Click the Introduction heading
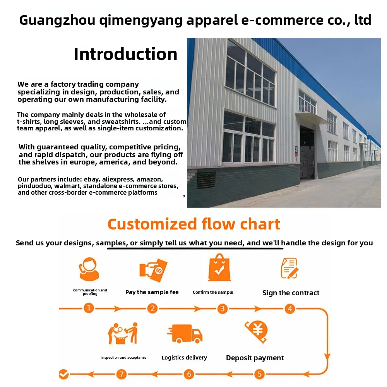click(125, 54)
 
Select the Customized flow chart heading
click(193, 224)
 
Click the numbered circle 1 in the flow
click(89, 308)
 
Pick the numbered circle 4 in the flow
click(289, 308)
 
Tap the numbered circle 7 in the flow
click(122, 374)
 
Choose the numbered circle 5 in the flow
click(259, 374)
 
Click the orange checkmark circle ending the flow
click(64, 374)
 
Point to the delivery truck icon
click(185, 334)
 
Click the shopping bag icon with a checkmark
click(219, 267)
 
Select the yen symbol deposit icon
click(257, 331)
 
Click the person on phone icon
click(89, 269)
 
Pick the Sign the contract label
click(291, 293)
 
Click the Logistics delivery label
click(184, 358)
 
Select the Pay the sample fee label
click(152, 292)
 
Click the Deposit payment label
click(255, 358)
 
